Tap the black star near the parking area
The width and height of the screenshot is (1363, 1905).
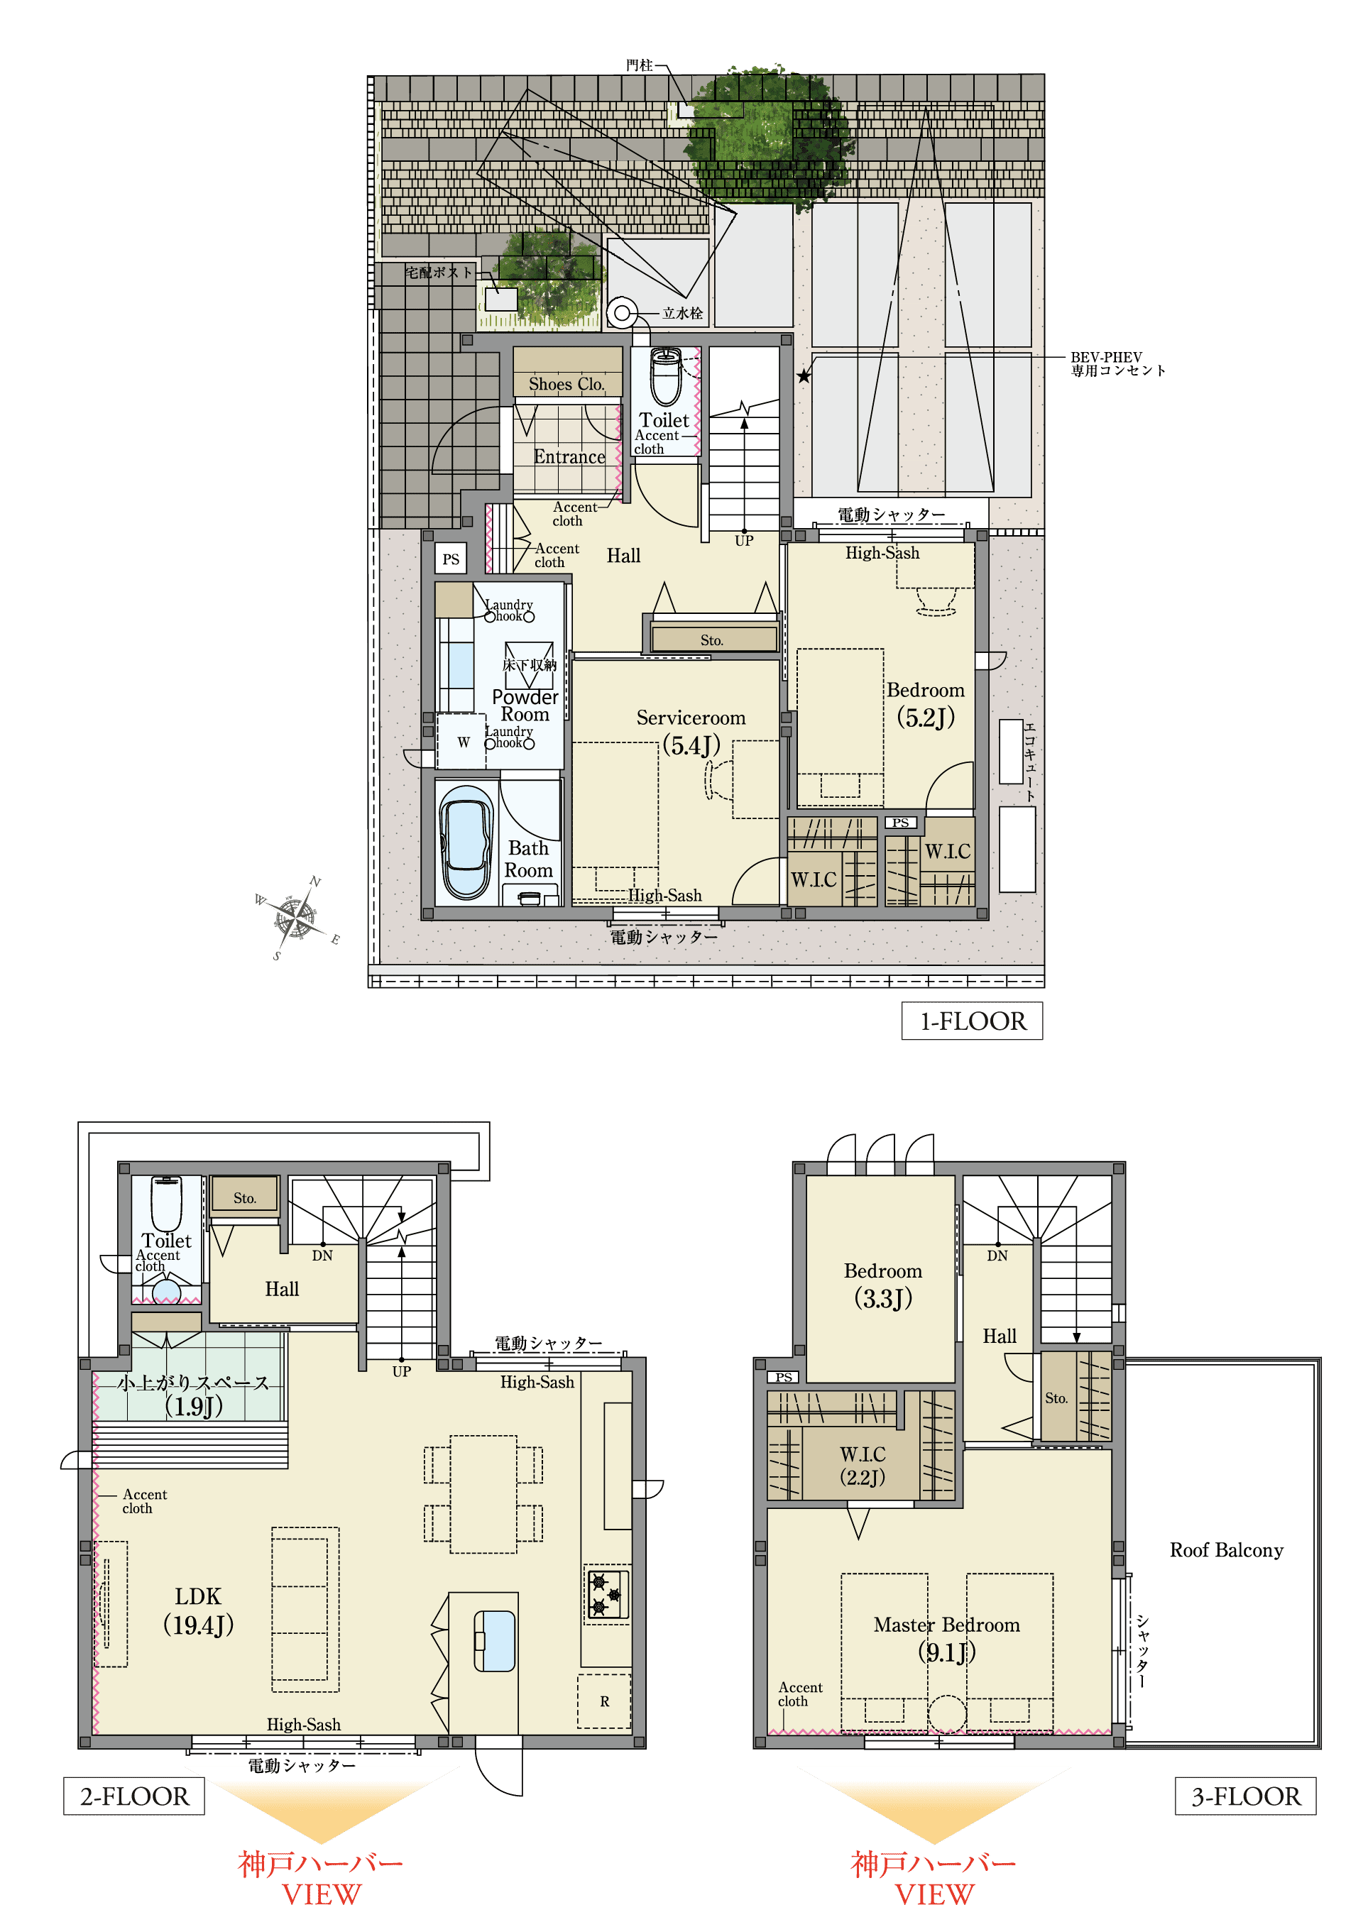(804, 375)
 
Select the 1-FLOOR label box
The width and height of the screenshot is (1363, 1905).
(972, 1021)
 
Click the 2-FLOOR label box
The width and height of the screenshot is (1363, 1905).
(134, 1796)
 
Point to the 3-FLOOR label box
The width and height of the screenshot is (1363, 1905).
(1245, 1796)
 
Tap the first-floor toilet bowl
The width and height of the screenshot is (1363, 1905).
(667, 378)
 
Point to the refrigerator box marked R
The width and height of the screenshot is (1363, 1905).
(604, 1701)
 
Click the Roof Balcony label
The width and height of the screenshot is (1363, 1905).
(1226, 1550)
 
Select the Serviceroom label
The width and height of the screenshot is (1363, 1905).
(691, 718)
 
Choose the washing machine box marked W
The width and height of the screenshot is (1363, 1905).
(461, 741)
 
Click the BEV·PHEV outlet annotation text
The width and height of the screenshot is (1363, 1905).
(1118, 363)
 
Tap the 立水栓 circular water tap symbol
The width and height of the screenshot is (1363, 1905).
(622, 314)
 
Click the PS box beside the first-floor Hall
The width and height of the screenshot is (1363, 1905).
(451, 559)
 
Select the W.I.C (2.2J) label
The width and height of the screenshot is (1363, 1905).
(863, 1465)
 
